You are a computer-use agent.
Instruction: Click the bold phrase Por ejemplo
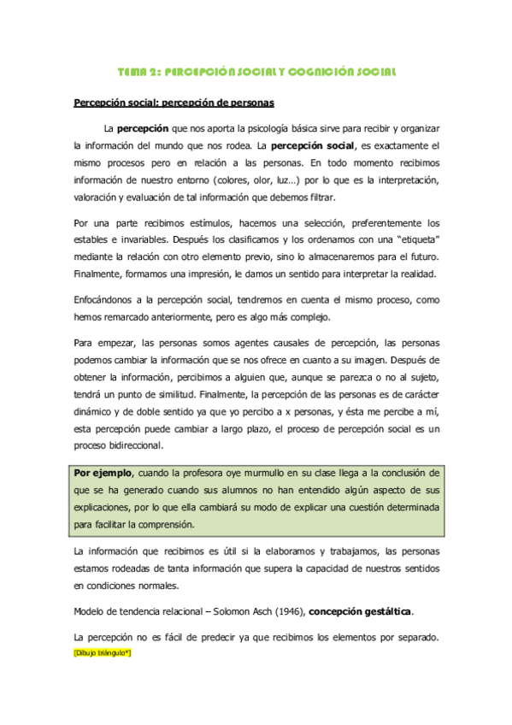pyautogui.click(x=103, y=472)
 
